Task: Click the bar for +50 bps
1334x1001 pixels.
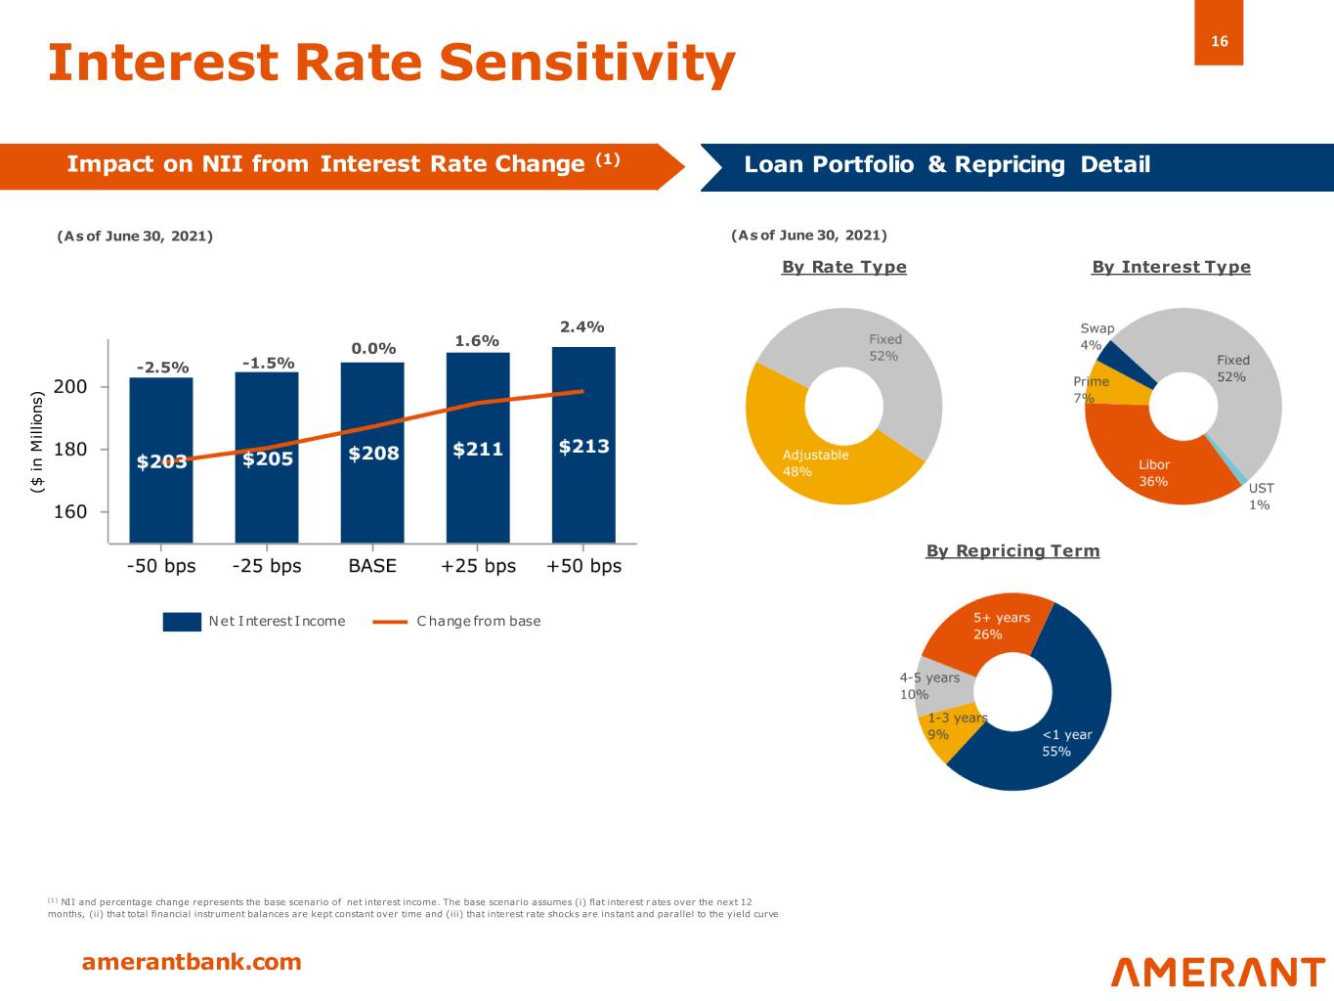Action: click(583, 489)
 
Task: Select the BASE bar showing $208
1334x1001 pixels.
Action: click(372, 499)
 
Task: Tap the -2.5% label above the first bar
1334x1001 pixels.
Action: click(162, 368)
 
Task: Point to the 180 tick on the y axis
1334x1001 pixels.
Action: click(71, 450)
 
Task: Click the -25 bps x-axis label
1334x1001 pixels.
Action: click(267, 566)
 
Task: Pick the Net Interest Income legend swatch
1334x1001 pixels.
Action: click(182, 622)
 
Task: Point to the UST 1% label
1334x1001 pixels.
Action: click(1261, 497)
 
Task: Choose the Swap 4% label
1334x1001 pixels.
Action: click(1096, 336)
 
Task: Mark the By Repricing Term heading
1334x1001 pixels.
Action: click(1012, 551)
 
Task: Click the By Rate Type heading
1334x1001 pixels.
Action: click(844, 267)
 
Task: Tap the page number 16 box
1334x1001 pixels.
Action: click(1219, 41)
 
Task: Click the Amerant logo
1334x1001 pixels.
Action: click(1218, 972)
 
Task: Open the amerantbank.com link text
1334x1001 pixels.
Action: click(192, 962)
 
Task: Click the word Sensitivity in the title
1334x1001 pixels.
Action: click(586, 62)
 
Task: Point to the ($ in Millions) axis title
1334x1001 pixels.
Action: click(38, 442)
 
